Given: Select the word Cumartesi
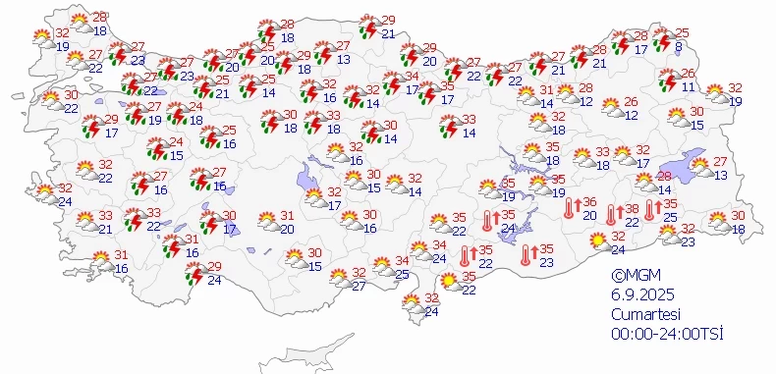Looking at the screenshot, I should coord(643,315).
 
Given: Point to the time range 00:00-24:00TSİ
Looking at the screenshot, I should coord(666,335).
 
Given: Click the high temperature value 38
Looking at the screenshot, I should coord(633,208).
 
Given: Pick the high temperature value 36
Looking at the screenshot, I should coord(590,201).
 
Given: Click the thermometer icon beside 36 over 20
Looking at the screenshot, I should coord(569,208).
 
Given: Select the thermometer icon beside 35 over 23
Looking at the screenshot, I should coord(526,255).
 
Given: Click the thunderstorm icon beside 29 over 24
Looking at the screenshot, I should coord(195,274).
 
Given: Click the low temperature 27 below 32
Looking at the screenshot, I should coord(359,287).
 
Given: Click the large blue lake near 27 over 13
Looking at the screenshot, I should coord(677,172).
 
